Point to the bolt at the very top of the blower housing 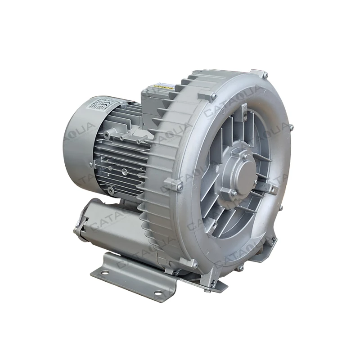point(265,75)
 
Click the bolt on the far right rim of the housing point(291,128)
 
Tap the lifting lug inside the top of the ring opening point(243,110)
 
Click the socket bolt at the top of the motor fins point(107,135)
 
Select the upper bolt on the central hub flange point(246,156)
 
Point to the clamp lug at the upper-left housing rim point(211,96)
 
